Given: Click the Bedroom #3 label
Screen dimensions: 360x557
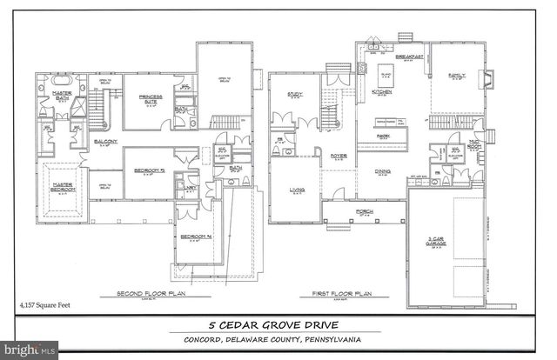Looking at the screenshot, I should pos(151,170).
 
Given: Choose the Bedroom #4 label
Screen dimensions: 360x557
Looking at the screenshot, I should pos(196,237).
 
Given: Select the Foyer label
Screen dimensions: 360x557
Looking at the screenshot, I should pos(339,157).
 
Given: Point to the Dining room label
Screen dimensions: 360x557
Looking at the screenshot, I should pos(382,171).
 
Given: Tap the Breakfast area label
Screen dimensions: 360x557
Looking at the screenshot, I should pos(409,56).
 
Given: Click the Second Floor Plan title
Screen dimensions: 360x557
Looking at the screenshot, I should pos(153,295).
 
